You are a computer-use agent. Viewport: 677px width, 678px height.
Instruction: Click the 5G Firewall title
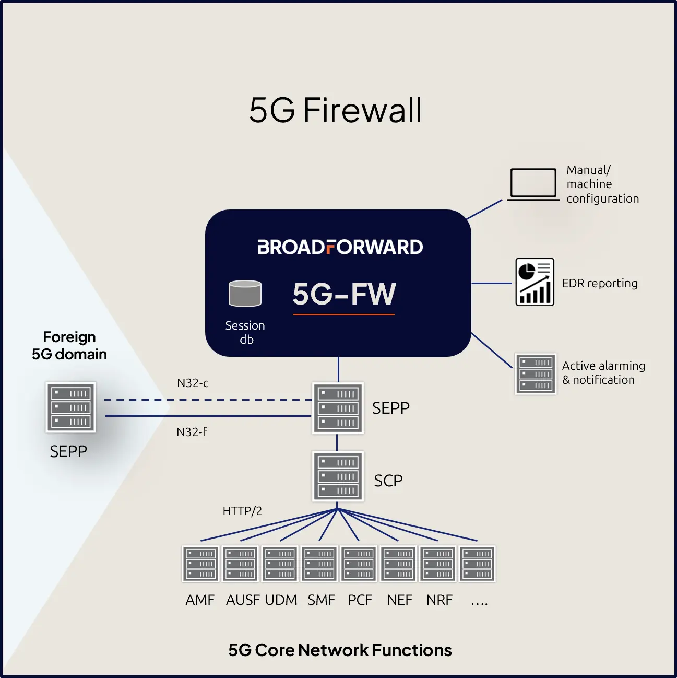click(x=335, y=110)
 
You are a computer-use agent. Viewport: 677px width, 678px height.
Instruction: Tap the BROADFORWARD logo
click(x=340, y=247)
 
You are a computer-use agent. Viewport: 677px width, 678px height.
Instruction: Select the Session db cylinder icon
click(x=245, y=294)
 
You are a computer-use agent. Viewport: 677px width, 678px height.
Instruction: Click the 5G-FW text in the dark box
click(x=344, y=294)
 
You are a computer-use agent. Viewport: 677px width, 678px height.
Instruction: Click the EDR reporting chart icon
click(x=535, y=282)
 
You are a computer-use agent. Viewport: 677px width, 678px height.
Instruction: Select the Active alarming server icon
click(x=536, y=373)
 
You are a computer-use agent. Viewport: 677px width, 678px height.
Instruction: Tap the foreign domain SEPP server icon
click(x=70, y=407)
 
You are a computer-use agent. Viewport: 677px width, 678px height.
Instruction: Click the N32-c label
click(x=193, y=383)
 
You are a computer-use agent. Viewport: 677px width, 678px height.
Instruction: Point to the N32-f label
click(x=192, y=431)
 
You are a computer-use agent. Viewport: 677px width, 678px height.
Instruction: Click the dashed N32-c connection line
click(x=208, y=400)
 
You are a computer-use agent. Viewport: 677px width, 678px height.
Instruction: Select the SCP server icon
click(x=338, y=476)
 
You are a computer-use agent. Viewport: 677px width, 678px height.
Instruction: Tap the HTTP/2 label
click(x=242, y=511)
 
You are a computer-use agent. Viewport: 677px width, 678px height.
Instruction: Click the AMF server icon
click(x=200, y=564)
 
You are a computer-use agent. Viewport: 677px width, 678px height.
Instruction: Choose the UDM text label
click(x=281, y=600)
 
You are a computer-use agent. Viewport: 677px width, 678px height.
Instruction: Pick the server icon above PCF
click(x=359, y=564)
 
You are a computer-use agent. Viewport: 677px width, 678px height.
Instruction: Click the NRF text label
click(x=440, y=600)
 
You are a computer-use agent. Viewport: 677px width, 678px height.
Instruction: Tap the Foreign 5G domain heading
click(x=69, y=345)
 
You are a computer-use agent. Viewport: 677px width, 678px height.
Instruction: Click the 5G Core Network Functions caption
click(x=340, y=650)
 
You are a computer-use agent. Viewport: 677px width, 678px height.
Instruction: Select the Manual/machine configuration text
click(x=602, y=184)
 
